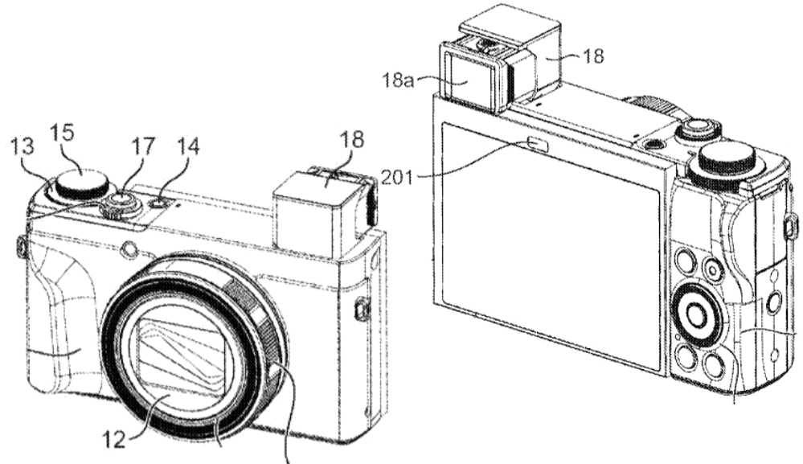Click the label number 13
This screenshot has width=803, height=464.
[23, 147]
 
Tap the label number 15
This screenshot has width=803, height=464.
[63, 133]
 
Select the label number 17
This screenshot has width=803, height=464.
[143, 147]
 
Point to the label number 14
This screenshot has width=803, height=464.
[187, 147]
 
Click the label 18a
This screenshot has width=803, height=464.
[397, 80]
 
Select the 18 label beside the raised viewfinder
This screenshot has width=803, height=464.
[593, 56]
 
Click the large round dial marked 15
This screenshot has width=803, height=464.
[82, 184]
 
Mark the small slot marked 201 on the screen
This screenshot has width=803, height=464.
[537, 145]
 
